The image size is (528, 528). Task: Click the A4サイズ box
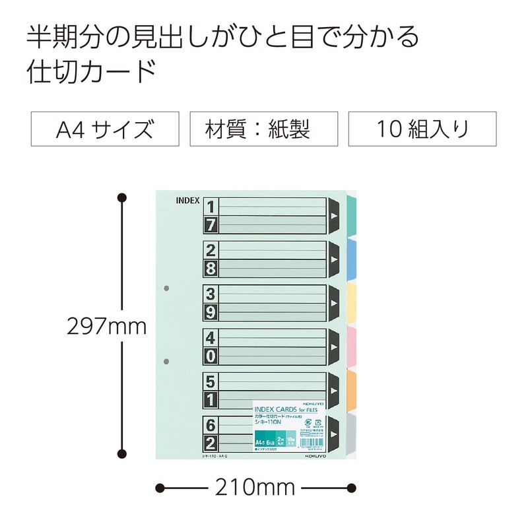106,129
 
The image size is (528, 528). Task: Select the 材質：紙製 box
264,129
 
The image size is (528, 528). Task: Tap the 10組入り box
423,129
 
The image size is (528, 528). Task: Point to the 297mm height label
106,325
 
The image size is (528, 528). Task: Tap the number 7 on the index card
211,225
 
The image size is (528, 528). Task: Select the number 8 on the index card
211,268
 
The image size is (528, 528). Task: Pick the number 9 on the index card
211,312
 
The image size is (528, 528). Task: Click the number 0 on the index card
211,356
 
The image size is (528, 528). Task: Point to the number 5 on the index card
211,381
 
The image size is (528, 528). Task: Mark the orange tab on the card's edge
352,383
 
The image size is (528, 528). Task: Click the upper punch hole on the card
166,288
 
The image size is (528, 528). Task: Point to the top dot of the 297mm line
121,197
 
